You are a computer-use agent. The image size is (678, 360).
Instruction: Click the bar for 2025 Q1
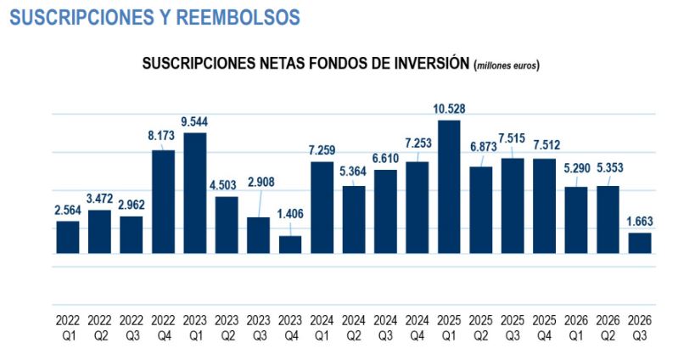(x=449, y=187)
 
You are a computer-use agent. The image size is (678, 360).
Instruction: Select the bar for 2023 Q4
(x=290, y=245)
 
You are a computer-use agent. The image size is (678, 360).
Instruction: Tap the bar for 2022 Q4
(x=164, y=201)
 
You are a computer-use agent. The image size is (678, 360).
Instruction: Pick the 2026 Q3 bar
(x=640, y=243)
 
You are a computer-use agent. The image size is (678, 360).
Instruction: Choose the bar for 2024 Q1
(x=322, y=208)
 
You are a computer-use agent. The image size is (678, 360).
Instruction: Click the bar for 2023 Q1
(x=195, y=193)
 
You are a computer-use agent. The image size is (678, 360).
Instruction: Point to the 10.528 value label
(x=449, y=109)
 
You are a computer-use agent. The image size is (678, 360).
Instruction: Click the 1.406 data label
(x=290, y=214)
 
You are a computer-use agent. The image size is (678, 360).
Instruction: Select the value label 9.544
(x=194, y=121)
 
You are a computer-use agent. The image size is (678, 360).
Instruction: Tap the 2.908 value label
(x=261, y=182)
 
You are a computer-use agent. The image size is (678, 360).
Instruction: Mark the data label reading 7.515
(x=512, y=138)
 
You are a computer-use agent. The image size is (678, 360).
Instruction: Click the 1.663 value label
(x=640, y=222)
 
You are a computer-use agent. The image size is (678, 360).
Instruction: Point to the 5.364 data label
(x=353, y=172)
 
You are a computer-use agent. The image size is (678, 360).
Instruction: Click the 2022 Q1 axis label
(x=68, y=328)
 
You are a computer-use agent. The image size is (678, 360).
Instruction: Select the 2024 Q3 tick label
(x=385, y=328)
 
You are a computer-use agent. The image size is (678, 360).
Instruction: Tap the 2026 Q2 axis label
(x=608, y=328)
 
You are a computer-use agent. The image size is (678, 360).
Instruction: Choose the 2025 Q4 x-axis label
(x=545, y=328)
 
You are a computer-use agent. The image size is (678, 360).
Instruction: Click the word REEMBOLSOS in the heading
(x=238, y=17)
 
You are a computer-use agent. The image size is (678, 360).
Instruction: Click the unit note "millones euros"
(x=507, y=65)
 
